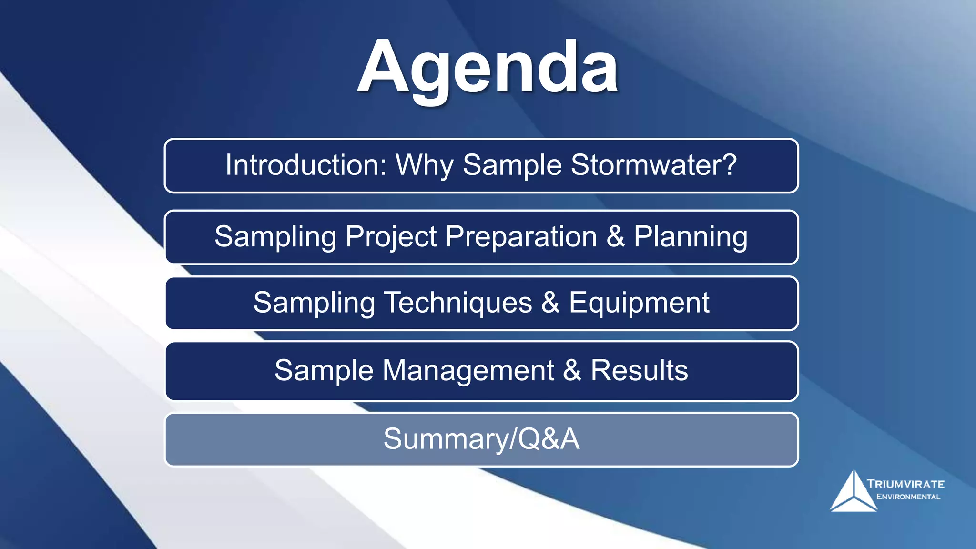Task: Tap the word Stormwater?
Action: click(x=654, y=165)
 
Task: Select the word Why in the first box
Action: click(x=424, y=165)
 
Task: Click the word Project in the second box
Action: click(x=391, y=237)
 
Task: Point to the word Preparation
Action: click(x=521, y=237)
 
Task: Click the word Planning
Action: click(x=691, y=237)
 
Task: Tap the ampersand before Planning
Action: click(x=616, y=237)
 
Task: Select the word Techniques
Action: click(x=458, y=303)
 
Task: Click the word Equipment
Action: click(x=639, y=303)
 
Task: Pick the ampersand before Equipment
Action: click(x=550, y=303)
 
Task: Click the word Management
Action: click(x=468, y=371)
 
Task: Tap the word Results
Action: click(x=640, y=371)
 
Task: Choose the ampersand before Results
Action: click(x=572, y=371)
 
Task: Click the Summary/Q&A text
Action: click(x=481, y=439)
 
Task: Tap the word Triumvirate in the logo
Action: click(x=905, y=484)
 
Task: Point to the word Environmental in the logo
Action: click(x=908, y=497)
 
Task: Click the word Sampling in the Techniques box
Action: click(x=314, y=303)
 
